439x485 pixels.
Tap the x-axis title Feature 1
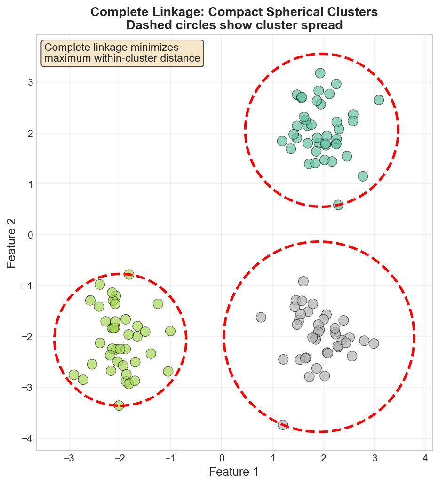(x=234, y=471)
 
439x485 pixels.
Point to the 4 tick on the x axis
(x=425, y=458)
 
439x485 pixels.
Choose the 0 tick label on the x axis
(x=222, y=458)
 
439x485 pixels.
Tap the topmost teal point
(x=320, y=73)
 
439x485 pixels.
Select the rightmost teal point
(x=379, y=100)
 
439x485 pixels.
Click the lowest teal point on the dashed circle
(x=338, y=205)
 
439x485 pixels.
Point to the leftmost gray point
(x=261, y=317)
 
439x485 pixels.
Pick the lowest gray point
(x=283, y=425)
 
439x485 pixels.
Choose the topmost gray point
(x=303, y=281)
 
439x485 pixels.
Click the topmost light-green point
(x=129, y=274)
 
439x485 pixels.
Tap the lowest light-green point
(x=119, y=405)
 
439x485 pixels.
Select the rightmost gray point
(x=374, y=343)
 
